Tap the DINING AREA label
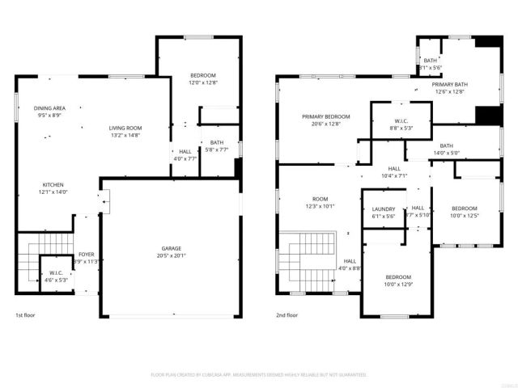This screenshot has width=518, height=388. pyautogui.click(x=49, y=108)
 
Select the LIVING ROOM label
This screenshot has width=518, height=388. pyautogui.click(x=125, y=128)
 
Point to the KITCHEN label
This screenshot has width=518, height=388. pyautogui.click(x=53, y=183)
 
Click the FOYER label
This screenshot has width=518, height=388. pyautogui.click(x=85, y=254)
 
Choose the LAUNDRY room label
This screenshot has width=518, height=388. pyautogui.click(x=383, y=209)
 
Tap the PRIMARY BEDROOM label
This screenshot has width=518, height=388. pyautogui.click(x=326, y=116)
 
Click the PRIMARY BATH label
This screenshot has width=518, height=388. pyautogui.click(x=448, y=85)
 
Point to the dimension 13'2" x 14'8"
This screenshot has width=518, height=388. pyautogui.click(x=125, y=135)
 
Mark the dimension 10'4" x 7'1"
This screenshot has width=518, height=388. pyautogui.click(x=394, y=175)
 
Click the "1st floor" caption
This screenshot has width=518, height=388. pyautogui.click(x=25, y=315)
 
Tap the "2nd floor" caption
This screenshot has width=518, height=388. pyautogui.click(x=287, y=315)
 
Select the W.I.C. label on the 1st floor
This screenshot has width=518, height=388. pyautogui.click(x=57, y=272)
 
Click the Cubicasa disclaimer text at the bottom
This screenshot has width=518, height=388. pyautogui.click(x=259, y=375)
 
